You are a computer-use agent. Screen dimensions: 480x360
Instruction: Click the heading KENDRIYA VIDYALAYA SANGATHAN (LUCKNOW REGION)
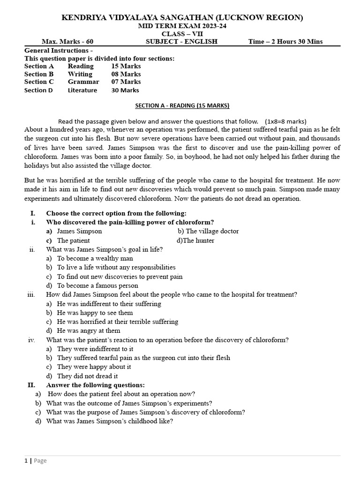[x=182, y=17]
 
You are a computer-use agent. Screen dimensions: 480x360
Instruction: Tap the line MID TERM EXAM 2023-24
[x=182, y=26]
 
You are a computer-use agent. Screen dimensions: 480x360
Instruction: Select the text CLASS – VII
[x=182, y=34]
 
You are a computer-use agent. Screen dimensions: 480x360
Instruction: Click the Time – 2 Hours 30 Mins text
[x=285, y=42]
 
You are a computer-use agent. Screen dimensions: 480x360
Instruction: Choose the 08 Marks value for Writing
[x=126, y=74]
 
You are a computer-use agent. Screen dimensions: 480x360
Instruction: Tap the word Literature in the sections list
[x=82, y=90]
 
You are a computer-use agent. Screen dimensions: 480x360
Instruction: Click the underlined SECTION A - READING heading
[x=182, y=106]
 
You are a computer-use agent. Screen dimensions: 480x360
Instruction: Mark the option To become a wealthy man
[x=95, y=258]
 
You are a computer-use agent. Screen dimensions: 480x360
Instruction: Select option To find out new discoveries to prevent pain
[x=120, y=277]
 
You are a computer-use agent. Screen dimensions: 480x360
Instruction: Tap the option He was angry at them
[x=89, y=330]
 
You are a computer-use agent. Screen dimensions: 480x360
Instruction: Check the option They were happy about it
[x=94, y=367]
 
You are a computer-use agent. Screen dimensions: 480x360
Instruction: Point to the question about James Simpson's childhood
[x=110, y=421]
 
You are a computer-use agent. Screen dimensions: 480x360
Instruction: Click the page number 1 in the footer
[x=26, y=461]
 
